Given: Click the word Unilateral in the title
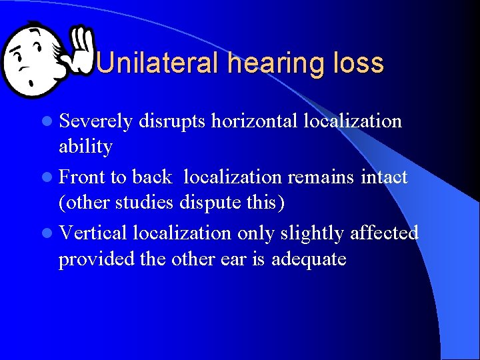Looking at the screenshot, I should click(x=157, y=63).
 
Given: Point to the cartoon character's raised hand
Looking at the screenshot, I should click(x=82, y=48).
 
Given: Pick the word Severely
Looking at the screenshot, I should click(x=97, y=121).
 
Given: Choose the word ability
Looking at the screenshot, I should click(x=85, y=146).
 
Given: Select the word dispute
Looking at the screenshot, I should click(x=211, y=201).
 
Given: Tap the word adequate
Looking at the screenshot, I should click(x=309, y=258).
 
